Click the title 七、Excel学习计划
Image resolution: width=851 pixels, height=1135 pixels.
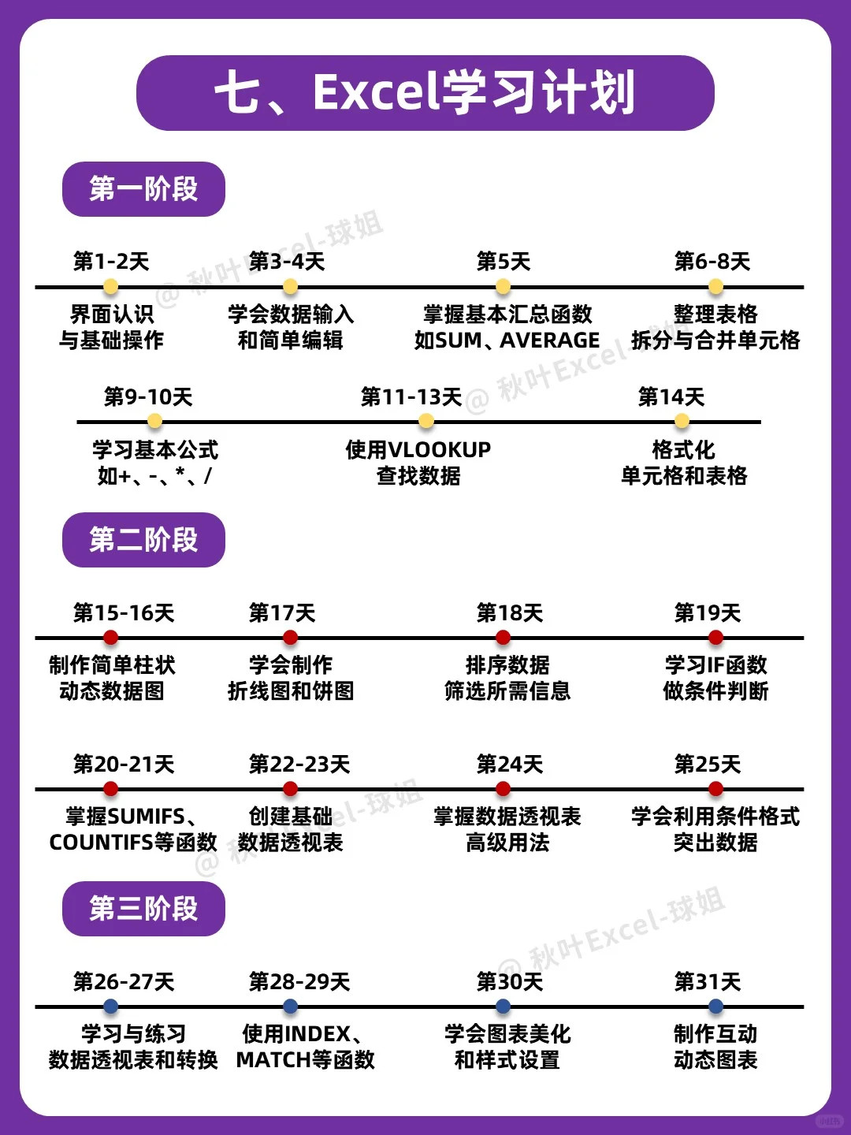[425, 93]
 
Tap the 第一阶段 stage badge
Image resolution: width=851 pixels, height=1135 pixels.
[143, 189]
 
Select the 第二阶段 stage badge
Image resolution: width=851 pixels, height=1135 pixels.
[143, 540]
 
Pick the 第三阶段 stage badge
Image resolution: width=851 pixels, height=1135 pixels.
[143, 909]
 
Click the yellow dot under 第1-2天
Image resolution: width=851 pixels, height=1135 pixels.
[111, 286]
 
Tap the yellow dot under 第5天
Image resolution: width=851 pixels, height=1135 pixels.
[504, 286]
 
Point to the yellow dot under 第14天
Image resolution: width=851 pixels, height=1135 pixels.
[682, 421]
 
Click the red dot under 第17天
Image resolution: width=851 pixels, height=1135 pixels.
[290, 637]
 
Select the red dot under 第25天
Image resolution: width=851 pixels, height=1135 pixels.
[715, 788]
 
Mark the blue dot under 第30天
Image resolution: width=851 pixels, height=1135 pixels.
[504, 1006]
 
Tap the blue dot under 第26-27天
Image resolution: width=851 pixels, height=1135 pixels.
[111, 1006]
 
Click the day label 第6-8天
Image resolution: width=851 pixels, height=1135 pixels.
[712, 261]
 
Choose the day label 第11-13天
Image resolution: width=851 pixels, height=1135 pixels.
[411, 396]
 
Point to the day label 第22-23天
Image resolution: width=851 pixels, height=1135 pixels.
[299, 764]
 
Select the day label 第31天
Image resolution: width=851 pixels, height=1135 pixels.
[708, 981]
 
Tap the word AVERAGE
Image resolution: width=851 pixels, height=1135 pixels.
[550, 340]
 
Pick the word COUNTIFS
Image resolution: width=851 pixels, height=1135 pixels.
[101, 843]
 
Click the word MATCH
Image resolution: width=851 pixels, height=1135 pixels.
[273, 1060]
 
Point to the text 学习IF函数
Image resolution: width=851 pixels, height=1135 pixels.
[715, 665]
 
